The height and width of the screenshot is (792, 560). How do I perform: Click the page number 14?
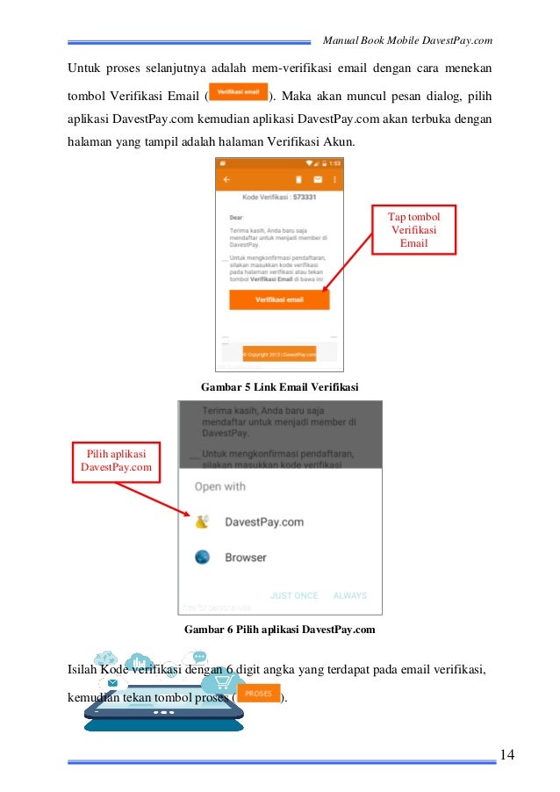coord(507,753)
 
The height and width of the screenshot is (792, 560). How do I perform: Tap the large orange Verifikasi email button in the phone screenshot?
coord(279,299)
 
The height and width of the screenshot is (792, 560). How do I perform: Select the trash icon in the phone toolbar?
coord(298,179)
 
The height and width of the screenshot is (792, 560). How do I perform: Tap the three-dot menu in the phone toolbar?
coord(334,179)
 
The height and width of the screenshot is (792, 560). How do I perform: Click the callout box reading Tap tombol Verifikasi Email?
coord(414,229)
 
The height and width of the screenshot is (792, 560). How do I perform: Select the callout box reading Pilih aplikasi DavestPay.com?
coord(111,460)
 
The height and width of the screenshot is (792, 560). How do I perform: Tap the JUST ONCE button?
coord(294,595)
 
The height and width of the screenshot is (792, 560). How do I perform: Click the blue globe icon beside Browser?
coord(203,557)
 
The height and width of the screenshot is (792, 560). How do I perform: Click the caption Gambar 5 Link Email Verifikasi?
coord(279,386)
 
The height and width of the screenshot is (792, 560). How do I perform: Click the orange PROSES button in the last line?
coord(258,694)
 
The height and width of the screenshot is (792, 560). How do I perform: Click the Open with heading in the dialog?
coord(219,486)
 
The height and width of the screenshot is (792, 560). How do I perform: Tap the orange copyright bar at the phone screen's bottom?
coord(279,354)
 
